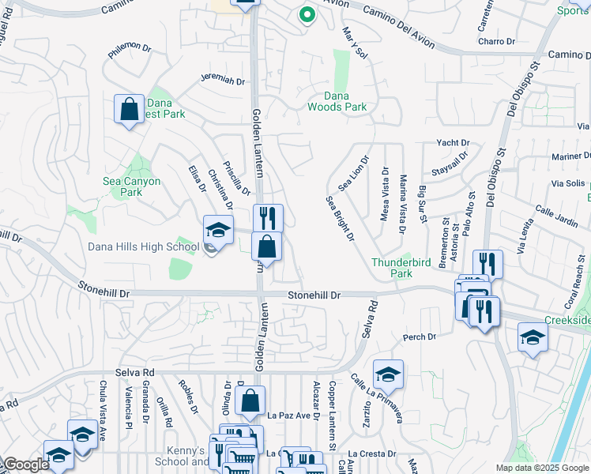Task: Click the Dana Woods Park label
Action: [336, 101]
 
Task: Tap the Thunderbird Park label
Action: [392, 268]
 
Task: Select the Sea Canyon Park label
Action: [132, 186]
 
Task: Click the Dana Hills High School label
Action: [143, 246]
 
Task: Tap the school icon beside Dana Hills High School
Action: [219, 231]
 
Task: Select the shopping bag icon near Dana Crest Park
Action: [128, 109]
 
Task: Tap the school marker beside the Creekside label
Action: [533, 338]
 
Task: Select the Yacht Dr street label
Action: [454, 143]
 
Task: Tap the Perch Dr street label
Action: [420, 337]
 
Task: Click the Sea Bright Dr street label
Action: [341, 219]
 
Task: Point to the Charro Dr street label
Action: [496, 41]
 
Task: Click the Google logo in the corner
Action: [25, 465]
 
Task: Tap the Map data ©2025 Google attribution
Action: [542, 468]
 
